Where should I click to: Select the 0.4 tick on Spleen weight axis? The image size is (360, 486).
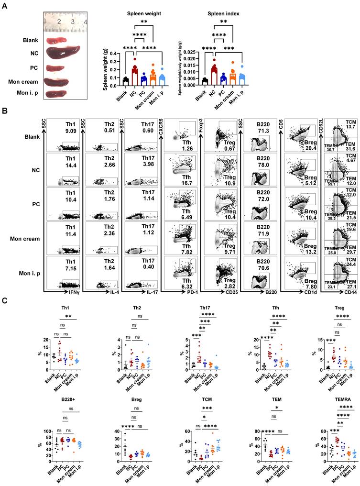(114, 53)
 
